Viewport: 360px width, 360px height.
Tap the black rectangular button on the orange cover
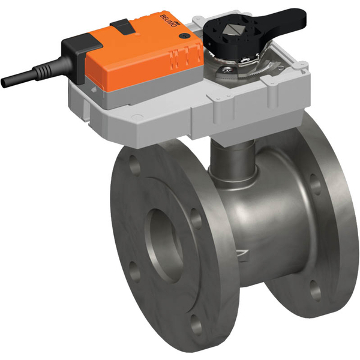pos(123,26)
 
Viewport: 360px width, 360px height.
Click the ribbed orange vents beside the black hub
pos(182,59)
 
